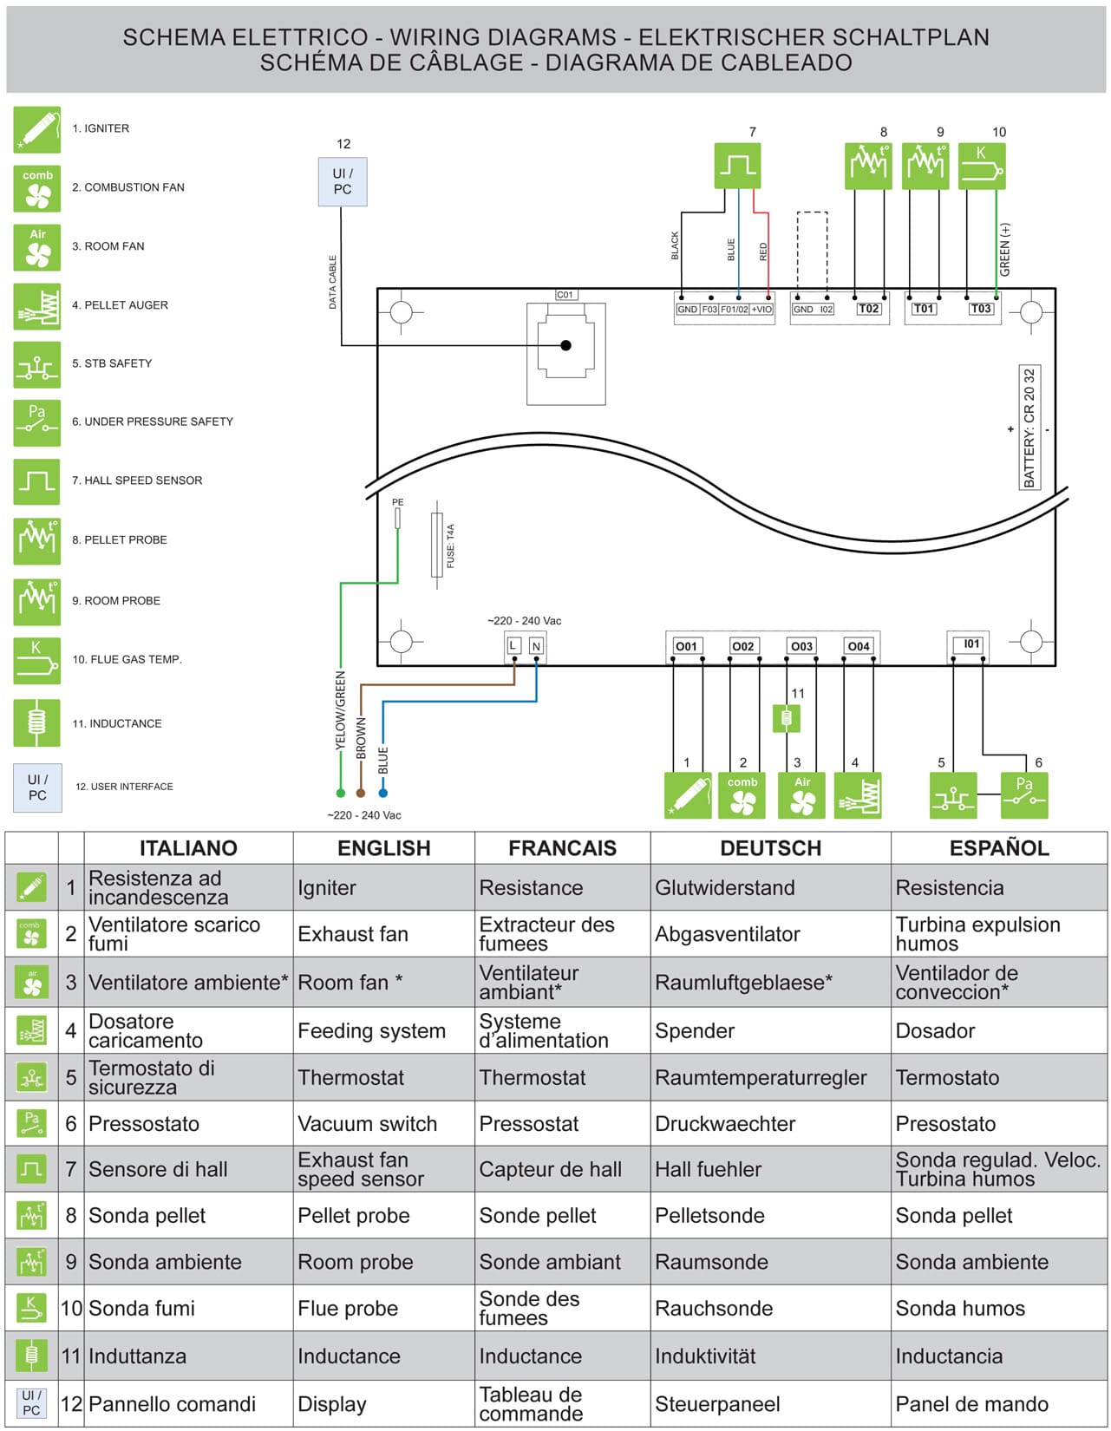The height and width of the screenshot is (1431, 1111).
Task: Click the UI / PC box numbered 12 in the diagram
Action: click(x=343, y=181)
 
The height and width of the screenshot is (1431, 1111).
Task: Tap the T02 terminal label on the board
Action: click(x=868, y=309)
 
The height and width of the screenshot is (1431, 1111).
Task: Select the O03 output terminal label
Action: click(x=801, y=646)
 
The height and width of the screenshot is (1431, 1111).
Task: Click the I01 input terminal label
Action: click(x=971, y=644)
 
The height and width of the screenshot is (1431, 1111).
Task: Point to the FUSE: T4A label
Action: click(x=451, y=546)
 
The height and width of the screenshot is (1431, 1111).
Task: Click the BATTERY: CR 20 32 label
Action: click(x=1029, y=428)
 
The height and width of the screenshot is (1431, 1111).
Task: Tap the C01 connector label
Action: click(x=565, y=295)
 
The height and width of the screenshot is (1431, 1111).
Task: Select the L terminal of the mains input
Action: click(x=513, y=646)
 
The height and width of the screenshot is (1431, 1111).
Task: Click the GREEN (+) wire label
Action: click(x=1005, y=250)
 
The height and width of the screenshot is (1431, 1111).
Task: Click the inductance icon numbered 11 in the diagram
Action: click(x=787, y=718)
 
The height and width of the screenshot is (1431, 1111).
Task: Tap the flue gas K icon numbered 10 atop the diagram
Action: click(x=982, y=166)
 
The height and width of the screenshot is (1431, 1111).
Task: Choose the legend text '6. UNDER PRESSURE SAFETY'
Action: click(x=153, y=421)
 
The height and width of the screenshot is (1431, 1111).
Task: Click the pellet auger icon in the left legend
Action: click(x=37, y=306)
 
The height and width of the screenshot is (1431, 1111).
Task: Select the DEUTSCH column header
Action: click(x=770, y=848)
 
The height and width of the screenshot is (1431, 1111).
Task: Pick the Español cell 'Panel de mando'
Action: click(x=971, y=1404)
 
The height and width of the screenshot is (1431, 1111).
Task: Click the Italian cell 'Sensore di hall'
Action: click(x=158, y=1170)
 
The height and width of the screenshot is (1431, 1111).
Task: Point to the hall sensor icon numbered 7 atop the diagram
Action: click(x=737, y=166)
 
